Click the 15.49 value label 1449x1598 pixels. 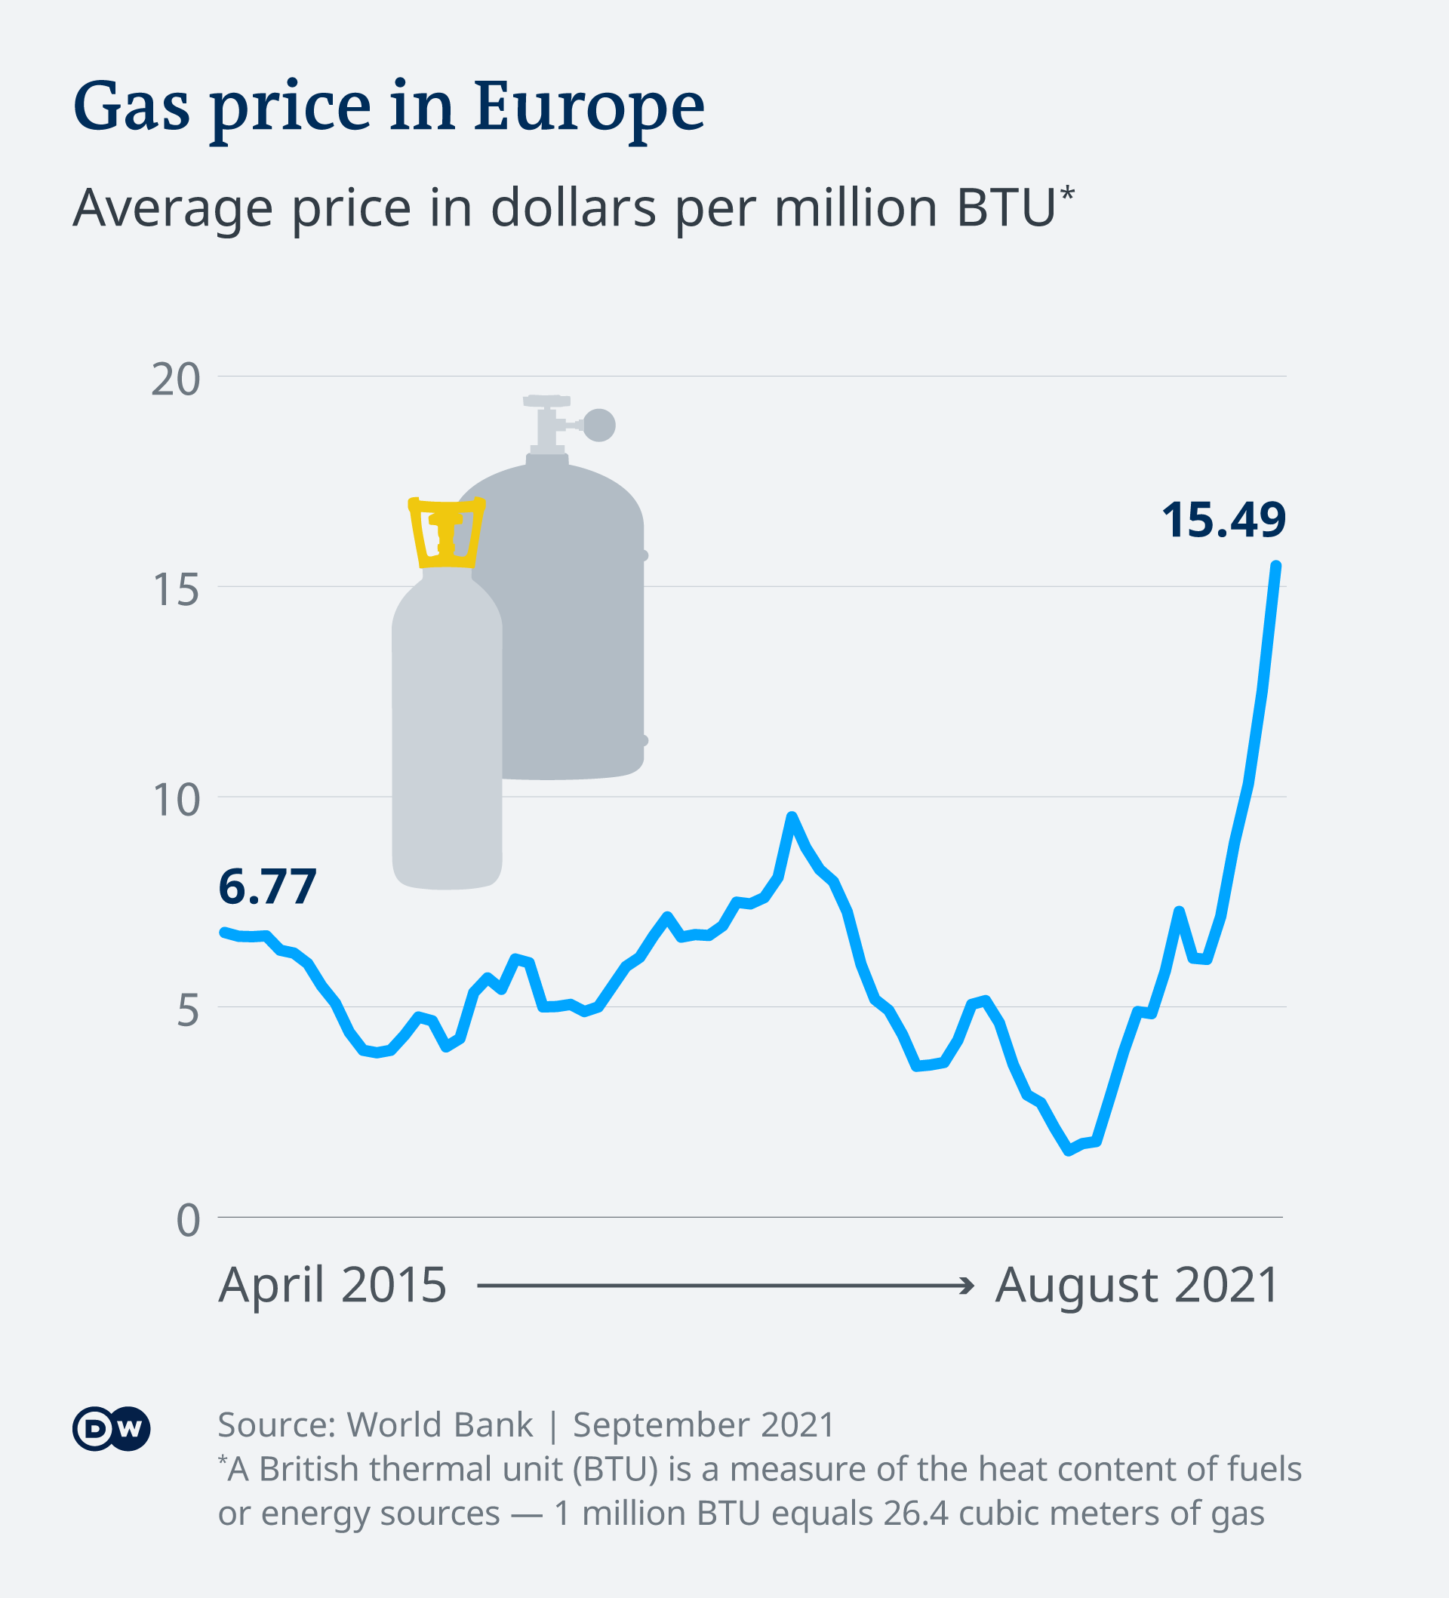(1223, 521)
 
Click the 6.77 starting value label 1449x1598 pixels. (267, 887)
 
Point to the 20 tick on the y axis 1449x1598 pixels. (175, 380)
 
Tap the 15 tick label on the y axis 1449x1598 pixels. (175, 591)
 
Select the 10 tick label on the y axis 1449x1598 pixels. (175, 801)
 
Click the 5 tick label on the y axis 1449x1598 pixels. (188, 1011)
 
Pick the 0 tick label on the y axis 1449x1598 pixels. (188, 1220)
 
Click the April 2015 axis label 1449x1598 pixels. (332, 1285)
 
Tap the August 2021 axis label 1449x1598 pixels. (1136, 1285)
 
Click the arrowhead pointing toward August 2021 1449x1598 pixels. (967, 1285)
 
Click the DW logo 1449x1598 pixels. (111, 1428)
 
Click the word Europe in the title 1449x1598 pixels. (588, 106)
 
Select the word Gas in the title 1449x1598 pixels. (131, 106)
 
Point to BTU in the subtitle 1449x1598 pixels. (1005, 207)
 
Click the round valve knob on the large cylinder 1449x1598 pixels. (599, 425)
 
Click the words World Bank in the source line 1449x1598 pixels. (440, 1424)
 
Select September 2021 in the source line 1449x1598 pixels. (703, 1424)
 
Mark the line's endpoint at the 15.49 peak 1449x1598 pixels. (1276, 566)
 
